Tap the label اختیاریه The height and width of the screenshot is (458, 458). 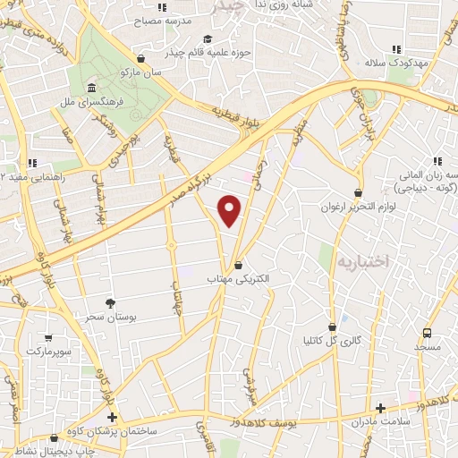pyautogui.click(x=363, y=262)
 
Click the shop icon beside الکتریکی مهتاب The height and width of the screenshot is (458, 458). pyautogui.click(x=237, y=265)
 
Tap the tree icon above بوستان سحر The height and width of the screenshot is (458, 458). pyautogui.click(x=110, y=304)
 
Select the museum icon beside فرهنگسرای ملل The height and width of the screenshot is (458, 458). pyautogui.click(x=92, y=88)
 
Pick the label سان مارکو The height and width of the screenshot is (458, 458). pyautogui.click(x=143, y=72)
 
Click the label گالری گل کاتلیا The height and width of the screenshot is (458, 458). pyautogui.click(x=333, y=341)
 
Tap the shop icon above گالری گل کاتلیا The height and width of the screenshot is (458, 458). pyautogui.click(x=333, y=327)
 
